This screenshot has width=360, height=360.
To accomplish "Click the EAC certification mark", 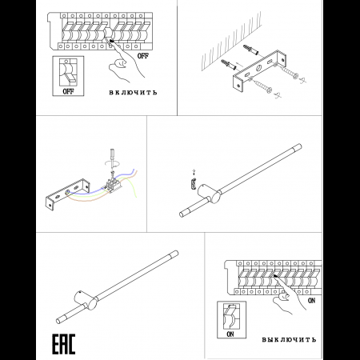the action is click(x=63, y=344).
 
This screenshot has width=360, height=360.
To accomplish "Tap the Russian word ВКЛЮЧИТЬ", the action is click(x=133, y=93).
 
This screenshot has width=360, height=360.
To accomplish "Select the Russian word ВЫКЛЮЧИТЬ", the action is click(x=289, y=339).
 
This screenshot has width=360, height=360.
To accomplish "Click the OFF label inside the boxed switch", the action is click(x=68, y=91).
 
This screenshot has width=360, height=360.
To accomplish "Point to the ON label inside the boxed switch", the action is click(x=230, y=334).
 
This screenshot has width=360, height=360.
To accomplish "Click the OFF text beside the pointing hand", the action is click(x=143, y=56).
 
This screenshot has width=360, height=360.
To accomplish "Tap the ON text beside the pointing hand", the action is click(x=311, y=301).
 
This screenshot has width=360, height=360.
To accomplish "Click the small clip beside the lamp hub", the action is click(x=194, y=184).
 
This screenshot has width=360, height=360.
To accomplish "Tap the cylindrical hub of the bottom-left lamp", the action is click(x=86, y=300).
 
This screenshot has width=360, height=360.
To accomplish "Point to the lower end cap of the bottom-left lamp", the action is click(x=61, y=319).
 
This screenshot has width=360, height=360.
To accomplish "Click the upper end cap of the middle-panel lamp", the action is click(x=298, y=147).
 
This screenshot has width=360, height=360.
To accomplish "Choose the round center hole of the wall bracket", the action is click(x=258, y=68).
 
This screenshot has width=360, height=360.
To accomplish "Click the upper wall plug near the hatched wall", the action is click(x=250, y=50).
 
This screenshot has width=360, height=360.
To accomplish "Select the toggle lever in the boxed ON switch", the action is click(x=230, y=310).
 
